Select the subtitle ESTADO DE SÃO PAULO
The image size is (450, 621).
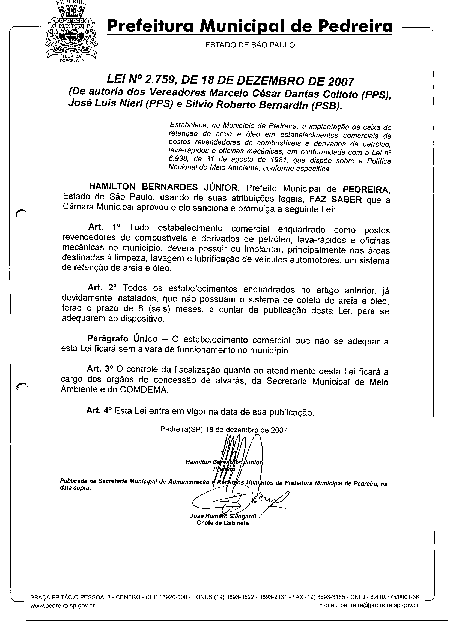pos(250,45)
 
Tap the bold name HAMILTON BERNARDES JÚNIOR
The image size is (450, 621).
pos(163,188)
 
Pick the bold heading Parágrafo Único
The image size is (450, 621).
pos(123,339)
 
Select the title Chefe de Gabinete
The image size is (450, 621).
pos(223,523)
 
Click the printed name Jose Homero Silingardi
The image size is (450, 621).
pos(223,516)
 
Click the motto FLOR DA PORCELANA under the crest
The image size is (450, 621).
pos(72,59)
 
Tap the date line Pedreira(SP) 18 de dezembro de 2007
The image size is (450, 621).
pos(223,430)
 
